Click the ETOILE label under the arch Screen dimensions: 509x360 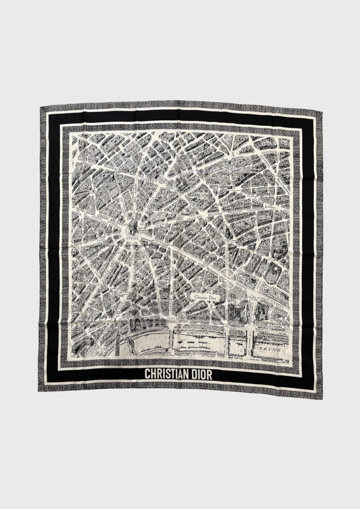(x=131, y=236)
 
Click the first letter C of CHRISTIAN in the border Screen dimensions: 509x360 (x=148, y=373)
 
